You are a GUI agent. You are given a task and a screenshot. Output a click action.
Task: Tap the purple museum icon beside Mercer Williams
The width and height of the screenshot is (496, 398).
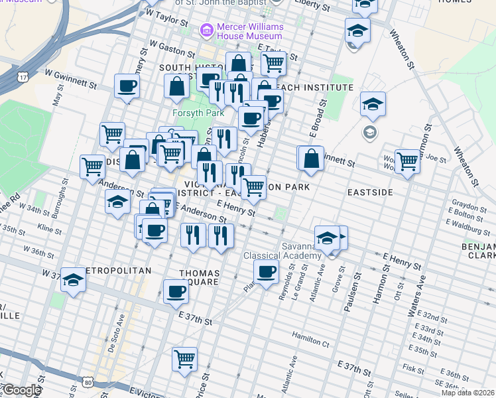206,31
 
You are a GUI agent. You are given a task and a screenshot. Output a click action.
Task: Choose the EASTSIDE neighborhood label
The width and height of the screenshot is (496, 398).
370,192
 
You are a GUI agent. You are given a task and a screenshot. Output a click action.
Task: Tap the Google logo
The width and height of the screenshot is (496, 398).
22,390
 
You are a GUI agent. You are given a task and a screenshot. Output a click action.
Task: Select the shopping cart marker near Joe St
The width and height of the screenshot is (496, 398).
406,161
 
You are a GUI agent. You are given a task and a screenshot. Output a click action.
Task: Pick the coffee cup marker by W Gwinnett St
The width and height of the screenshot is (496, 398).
127,86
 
